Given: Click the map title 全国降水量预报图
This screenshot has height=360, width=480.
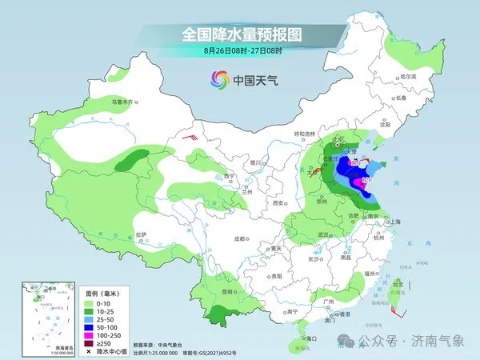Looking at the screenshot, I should (x=239, y=34).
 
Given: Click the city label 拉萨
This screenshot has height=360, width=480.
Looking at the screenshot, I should (x=141, y=234).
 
